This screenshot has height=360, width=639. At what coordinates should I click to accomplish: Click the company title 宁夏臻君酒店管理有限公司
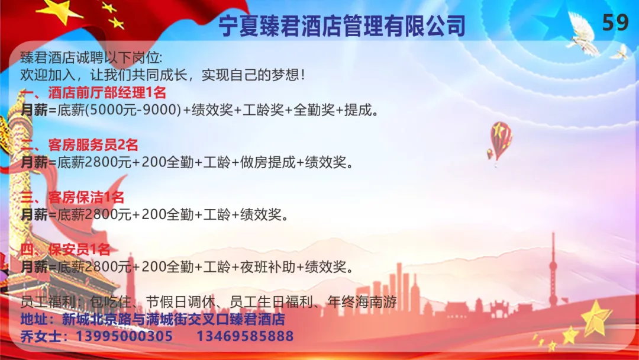click(342, 25)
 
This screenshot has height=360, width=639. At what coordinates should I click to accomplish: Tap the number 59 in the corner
click(615, 22)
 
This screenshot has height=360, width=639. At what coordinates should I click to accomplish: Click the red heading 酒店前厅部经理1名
click(107, 92)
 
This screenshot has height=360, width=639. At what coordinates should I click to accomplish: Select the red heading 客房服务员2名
click(93, 144)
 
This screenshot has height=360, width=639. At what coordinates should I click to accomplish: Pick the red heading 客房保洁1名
click(86, 197)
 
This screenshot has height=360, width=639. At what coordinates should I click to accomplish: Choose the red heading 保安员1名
click(79, 249)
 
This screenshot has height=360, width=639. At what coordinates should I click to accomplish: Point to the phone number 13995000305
click(124, 336)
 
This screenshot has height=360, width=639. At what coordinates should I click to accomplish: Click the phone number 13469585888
click(245, 336)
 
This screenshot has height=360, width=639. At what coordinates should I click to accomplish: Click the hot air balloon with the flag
click(499, 141)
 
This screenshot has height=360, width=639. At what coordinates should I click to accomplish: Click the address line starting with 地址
click(153, 319)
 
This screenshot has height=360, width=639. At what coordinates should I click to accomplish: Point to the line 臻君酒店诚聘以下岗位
click(91, 58)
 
